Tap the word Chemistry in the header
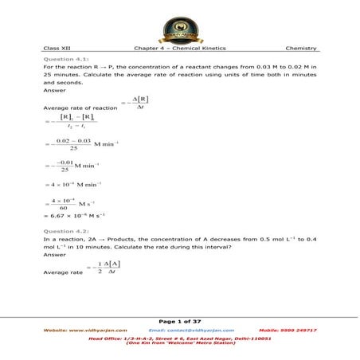(x=301, y=49)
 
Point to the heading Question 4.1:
(x=66, y=60)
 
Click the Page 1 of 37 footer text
(x=180, y=320)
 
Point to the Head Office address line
(x=180, y=338)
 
